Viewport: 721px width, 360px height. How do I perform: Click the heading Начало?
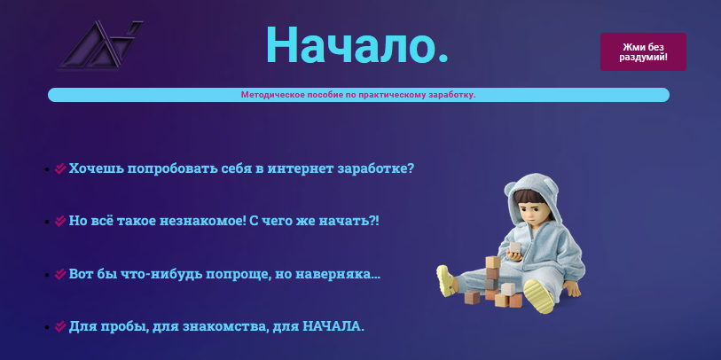(357, 45)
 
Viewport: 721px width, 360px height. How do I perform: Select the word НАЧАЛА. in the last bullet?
(333, 326)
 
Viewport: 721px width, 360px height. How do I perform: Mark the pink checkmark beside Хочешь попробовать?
(60, 168)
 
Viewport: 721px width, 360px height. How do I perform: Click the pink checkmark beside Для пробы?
(60, 326)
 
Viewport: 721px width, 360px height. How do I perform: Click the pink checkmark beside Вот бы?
(60, 274)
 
